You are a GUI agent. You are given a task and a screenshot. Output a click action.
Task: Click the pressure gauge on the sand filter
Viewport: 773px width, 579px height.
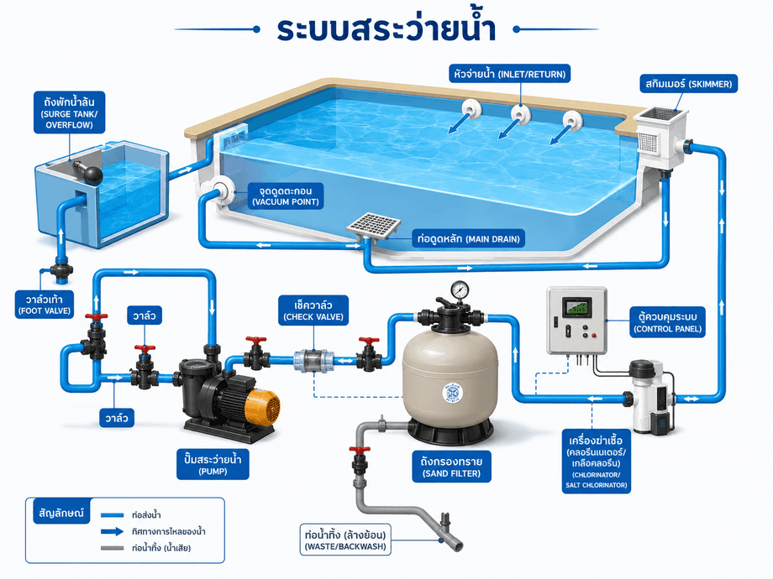[460, 289]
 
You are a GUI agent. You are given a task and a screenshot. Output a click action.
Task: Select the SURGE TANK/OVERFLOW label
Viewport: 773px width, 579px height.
[70, 112]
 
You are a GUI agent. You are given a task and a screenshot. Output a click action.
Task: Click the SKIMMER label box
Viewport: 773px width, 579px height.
[689, 84]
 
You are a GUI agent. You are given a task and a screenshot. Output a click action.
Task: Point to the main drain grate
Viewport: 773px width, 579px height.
[373, 226]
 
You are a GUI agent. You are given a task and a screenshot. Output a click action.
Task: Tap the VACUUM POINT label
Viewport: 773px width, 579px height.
[286, 196]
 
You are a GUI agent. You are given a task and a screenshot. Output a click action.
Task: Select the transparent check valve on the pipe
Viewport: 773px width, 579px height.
[313, 361]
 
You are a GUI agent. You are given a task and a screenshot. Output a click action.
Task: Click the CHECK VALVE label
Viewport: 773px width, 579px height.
[313, 310]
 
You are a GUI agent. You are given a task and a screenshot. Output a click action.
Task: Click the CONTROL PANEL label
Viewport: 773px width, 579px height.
[667, 322]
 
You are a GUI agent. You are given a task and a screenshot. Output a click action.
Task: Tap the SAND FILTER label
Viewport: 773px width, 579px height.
[451, 467]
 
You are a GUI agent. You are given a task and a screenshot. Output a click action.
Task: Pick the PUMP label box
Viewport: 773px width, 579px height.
[213, 464]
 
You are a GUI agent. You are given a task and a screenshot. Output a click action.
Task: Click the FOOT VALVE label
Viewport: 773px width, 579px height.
[45, 305]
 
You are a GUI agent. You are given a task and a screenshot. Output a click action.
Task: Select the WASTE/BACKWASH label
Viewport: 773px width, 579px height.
[345, 540]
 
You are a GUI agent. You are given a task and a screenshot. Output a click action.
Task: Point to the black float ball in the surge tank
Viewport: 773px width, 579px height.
[92, 175]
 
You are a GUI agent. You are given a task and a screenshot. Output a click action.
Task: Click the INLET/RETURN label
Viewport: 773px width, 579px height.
[510, 75]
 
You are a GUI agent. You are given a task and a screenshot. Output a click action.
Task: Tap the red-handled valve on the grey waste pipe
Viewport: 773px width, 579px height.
[360, 461]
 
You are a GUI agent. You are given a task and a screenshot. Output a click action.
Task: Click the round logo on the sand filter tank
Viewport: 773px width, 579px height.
[453, 393]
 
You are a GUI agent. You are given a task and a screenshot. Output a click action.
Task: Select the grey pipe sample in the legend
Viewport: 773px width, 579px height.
[112, 548]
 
